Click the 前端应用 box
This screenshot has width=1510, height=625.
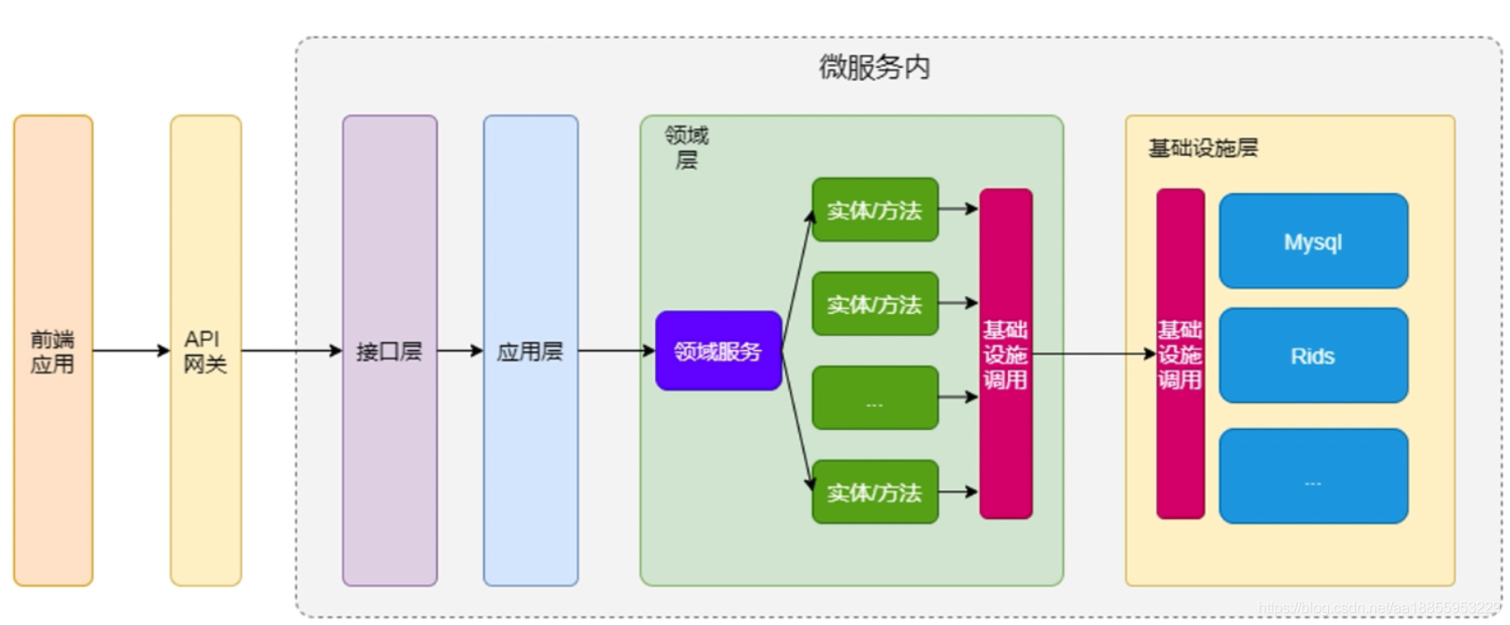[x=53, y=351]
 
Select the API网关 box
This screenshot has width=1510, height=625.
[x=205, y=351]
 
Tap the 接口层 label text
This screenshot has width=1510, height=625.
[x=389, y=352]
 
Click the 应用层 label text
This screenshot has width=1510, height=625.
[x=530, y=352]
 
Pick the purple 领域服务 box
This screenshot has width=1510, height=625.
[x=718, y=351]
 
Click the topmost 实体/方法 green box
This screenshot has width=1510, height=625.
[x=874, y=211]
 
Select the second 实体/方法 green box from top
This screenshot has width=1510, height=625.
[x=874, y=305]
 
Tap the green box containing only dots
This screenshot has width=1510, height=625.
[x=874, y=398]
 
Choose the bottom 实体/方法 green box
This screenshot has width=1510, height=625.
[x=874, y=492]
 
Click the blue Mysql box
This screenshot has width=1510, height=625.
[x=1312, y=241]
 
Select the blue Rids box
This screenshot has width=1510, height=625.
[x=1312, y=356]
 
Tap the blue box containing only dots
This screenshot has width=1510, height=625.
[x=1312, y=475]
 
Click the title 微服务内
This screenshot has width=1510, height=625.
[x=873, y=68]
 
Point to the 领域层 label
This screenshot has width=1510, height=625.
[x=687, y=148]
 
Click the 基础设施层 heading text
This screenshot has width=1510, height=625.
[x=1203, y=149]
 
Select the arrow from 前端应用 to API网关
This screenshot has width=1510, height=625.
[x=131, y=351]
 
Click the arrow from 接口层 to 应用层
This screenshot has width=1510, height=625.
[x=459, y=351]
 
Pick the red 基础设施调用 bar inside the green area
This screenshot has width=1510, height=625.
[x=1006, y=354]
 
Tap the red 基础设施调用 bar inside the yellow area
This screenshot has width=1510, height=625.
[x=1180, y=354]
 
